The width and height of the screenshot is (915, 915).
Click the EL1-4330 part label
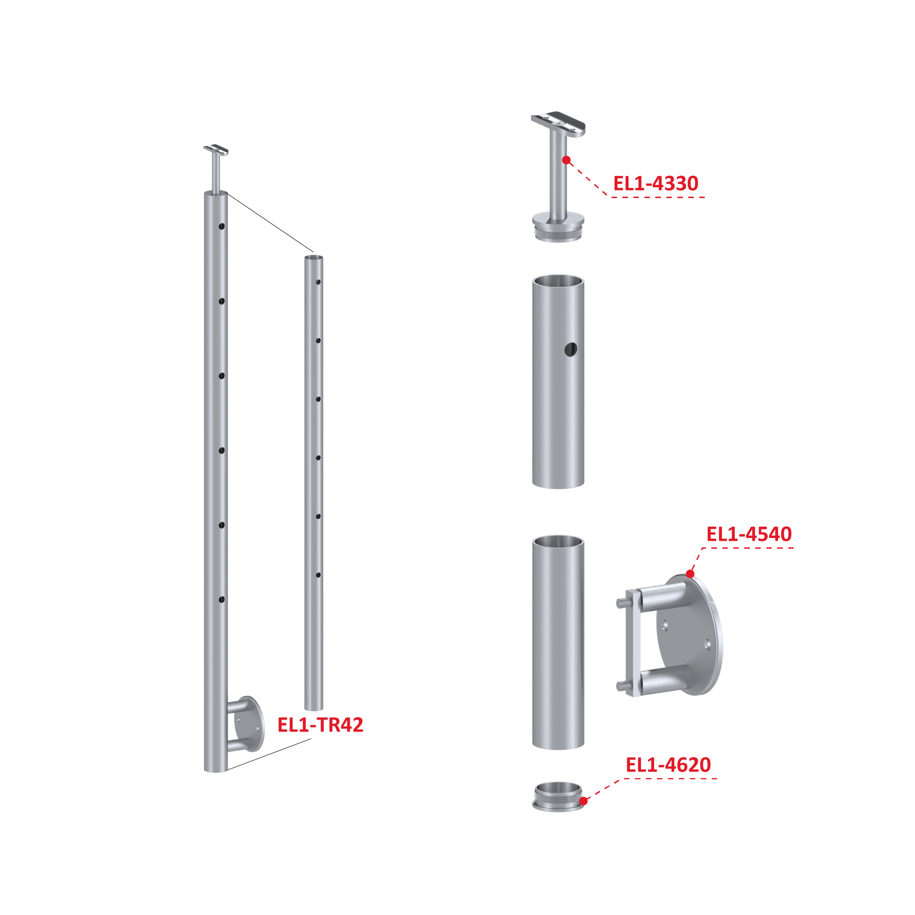click(656, 183)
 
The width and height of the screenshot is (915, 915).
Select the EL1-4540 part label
click(749, 534)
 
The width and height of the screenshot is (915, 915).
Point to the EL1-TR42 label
click(320, 724)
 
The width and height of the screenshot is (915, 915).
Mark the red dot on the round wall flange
click(690, 574)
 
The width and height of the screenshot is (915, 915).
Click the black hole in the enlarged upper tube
click(571, 350)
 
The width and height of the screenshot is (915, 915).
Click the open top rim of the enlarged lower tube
click(558, 542)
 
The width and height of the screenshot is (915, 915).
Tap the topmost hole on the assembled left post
click(221, 226)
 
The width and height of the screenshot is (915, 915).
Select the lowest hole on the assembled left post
click(221, 600)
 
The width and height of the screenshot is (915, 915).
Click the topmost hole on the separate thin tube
click(318, 282)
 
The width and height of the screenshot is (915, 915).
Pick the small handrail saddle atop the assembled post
click(216, 150)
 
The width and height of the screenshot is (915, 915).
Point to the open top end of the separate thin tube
click(313, 258)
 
